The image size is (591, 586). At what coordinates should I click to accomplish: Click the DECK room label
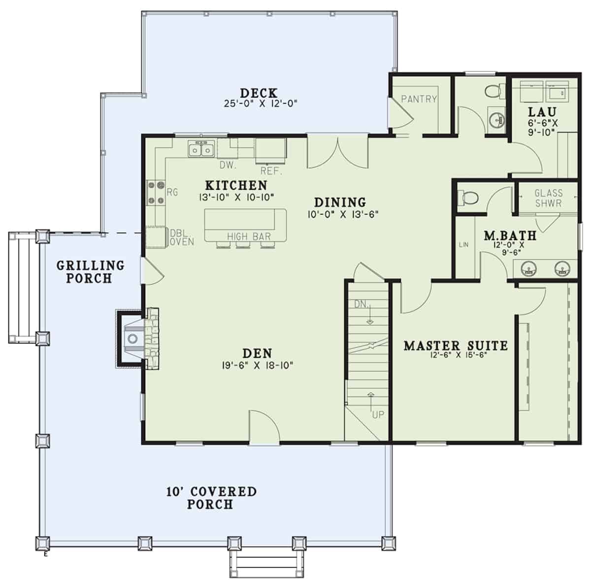259,93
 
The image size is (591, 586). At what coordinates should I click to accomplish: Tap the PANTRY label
419,99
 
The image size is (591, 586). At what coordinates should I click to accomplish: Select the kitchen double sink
201,148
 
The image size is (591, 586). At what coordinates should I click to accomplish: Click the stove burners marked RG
155,193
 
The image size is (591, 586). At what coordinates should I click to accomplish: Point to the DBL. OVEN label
182,237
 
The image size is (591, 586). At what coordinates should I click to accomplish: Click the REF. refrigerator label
270,171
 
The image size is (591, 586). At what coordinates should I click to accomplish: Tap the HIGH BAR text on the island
249,237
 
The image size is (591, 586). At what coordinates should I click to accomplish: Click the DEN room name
257,353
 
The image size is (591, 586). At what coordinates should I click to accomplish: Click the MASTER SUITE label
456,345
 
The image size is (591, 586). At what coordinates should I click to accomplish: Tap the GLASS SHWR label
548,198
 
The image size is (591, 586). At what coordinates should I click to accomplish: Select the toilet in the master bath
468,198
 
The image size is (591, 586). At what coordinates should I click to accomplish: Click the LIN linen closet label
463,244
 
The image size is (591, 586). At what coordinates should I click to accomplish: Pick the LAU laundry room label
542,112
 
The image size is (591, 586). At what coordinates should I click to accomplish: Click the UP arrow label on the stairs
377,415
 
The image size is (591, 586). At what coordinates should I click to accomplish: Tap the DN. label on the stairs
361,305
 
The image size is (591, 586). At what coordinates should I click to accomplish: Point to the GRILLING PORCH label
90,272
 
